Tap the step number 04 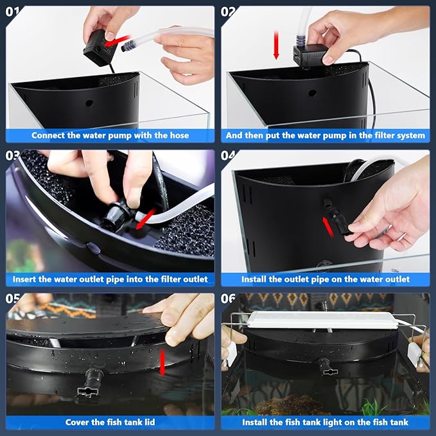228,155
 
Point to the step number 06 228,299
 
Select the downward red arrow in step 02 276,45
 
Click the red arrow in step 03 146,219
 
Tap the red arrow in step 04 328,226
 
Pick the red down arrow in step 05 162,362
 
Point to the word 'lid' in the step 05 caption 150,422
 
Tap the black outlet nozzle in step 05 89,383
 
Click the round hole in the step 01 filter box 89,103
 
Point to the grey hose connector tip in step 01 128,45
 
